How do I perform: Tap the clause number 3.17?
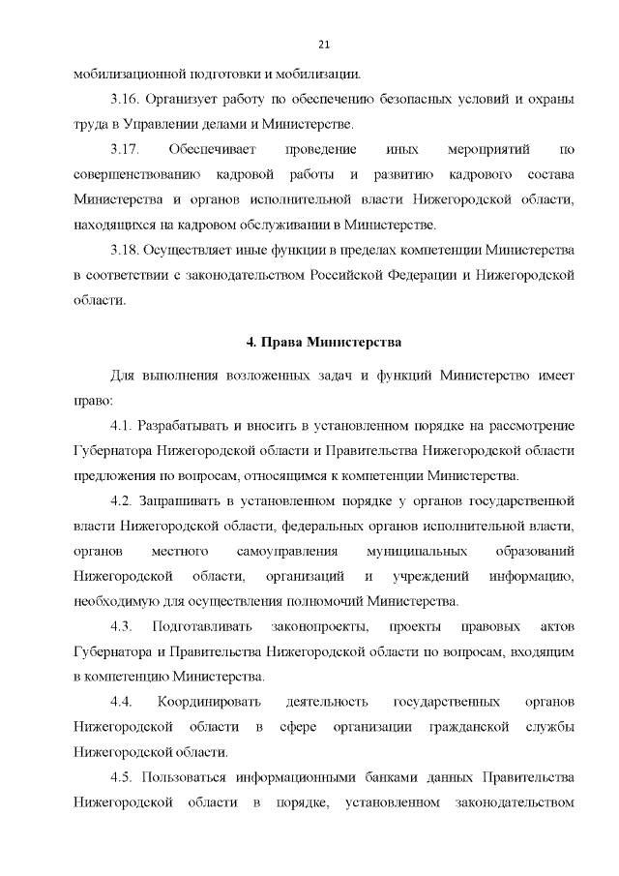[x=126, y=149]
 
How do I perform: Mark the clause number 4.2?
[x=120, y=500]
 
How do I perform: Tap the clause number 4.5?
[x=120, y=776]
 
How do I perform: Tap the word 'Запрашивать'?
[x=177, y=500]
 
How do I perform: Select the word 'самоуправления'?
[x=286, y=551]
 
